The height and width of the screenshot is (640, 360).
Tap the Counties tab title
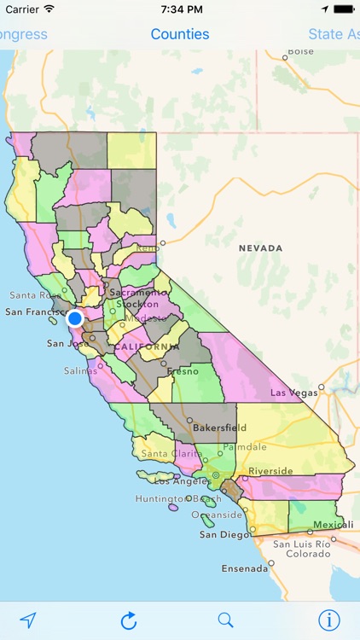180,34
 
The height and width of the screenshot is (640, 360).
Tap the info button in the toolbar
329,620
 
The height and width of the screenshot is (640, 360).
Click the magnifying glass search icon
225,620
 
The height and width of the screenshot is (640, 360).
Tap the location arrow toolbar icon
29,620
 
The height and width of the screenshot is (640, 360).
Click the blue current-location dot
75,318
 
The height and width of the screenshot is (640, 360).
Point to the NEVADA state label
260,248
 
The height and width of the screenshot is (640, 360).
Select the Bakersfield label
219,428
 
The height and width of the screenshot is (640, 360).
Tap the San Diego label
221,535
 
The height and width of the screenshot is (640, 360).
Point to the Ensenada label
245,568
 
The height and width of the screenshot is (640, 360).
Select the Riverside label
270,471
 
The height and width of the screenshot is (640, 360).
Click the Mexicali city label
328,524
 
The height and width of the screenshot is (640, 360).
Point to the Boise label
300,52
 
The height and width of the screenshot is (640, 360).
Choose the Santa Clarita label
169,454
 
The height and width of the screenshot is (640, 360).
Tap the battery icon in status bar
344,9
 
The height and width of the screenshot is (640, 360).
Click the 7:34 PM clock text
180,9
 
